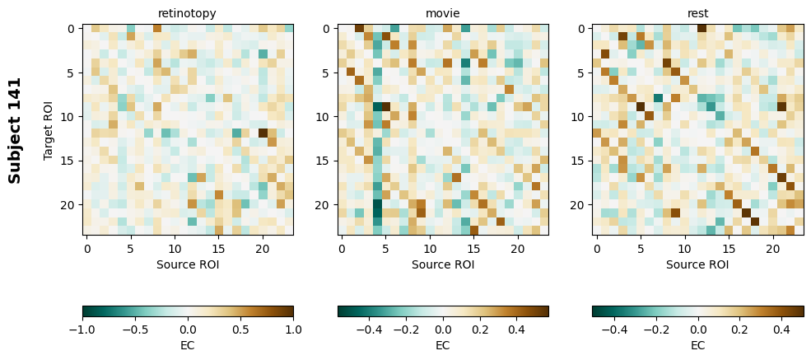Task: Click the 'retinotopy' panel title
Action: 188,13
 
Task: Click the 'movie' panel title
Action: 443,13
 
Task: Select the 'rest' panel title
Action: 697,13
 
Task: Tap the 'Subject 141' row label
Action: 15,130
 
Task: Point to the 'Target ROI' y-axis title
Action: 48,130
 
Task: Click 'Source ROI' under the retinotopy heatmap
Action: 188,264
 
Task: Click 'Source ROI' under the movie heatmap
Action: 443,264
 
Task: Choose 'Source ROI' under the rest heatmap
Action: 697,264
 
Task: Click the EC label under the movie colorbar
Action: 443,345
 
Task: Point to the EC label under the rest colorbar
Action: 697,345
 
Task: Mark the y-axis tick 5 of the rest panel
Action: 582,72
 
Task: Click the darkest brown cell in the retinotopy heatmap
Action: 263,133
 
